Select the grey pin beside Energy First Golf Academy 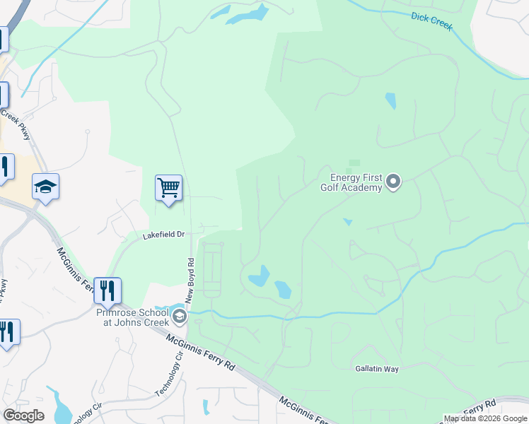[395, 183]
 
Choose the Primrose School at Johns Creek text [132, 317]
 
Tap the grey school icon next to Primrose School [180, 316]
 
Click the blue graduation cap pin [45, 187]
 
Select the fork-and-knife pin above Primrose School [107, 290]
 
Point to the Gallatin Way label [377, 369]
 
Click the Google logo [23, 416]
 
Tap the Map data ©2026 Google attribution [485, 418]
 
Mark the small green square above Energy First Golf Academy [354, 163]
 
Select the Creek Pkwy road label [18, 124]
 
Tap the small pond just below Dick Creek [390, 101]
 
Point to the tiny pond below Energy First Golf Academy [347, 222]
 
